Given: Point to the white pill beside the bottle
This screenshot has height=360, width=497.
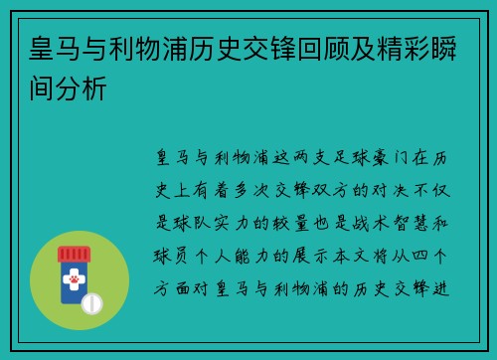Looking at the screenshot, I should (91, 300).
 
